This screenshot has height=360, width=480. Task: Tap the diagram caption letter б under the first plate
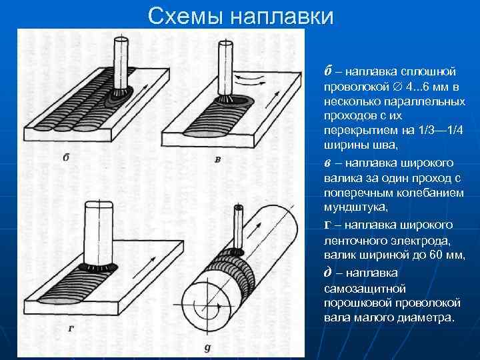point(65,157)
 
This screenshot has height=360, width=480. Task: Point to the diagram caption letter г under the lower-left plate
point(71,327)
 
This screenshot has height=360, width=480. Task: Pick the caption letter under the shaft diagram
point(207,347)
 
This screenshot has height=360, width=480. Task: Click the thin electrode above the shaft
point(237,227)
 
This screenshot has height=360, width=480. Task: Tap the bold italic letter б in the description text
point(328,71)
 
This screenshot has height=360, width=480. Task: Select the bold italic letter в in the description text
point(328,162)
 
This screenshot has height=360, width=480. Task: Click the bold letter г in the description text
point(327,224)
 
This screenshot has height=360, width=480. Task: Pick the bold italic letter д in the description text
point(327,271)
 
